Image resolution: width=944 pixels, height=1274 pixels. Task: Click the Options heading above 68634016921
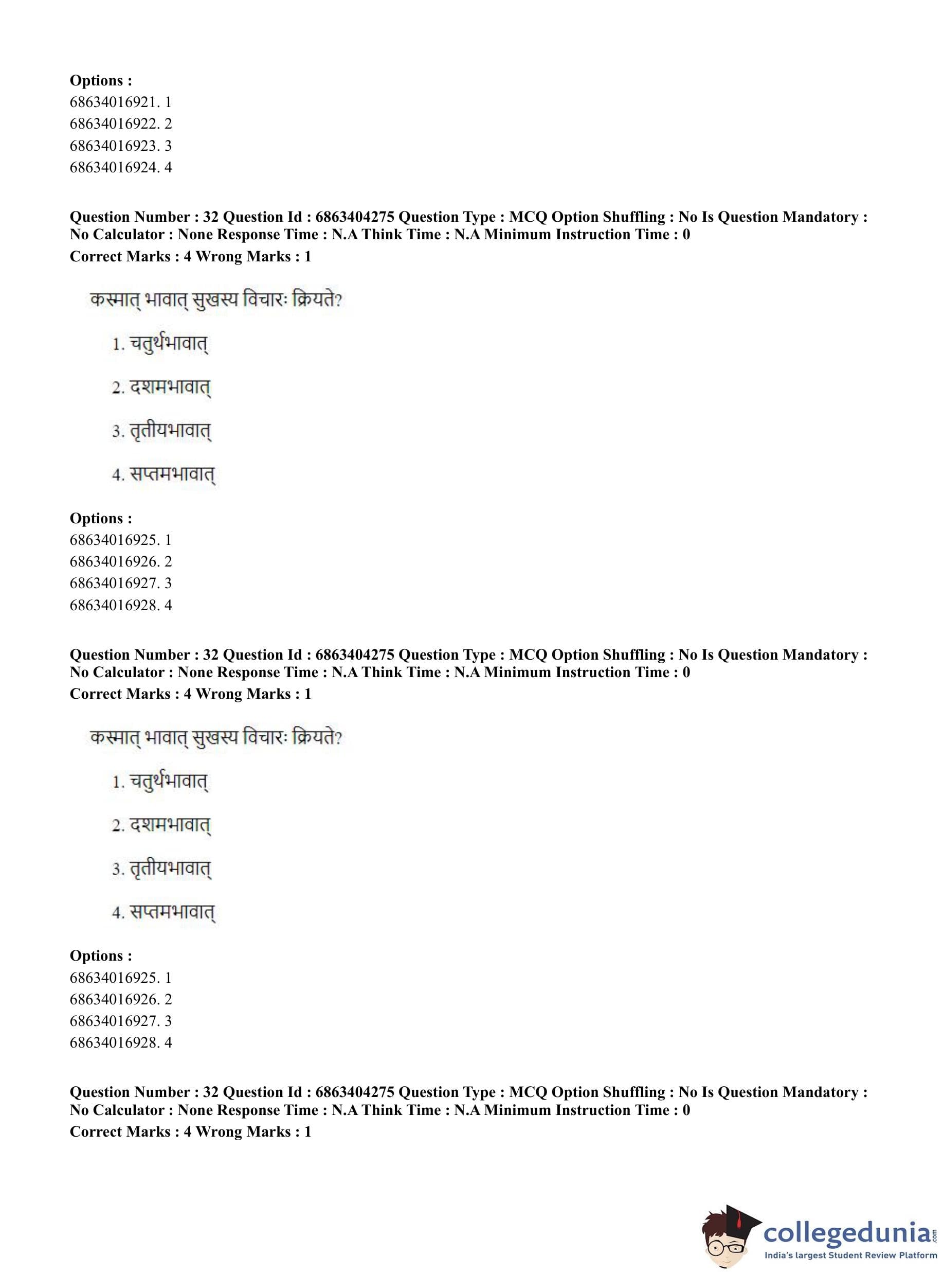pos(101,81)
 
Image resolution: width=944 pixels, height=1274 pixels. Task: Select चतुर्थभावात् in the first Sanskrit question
pos(168,344)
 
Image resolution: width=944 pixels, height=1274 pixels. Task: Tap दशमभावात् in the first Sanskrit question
pos(170,387)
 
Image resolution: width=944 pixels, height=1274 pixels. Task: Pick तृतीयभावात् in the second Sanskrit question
pos(170,869)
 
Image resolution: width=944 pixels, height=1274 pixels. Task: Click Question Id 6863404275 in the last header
pos(354,1092)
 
